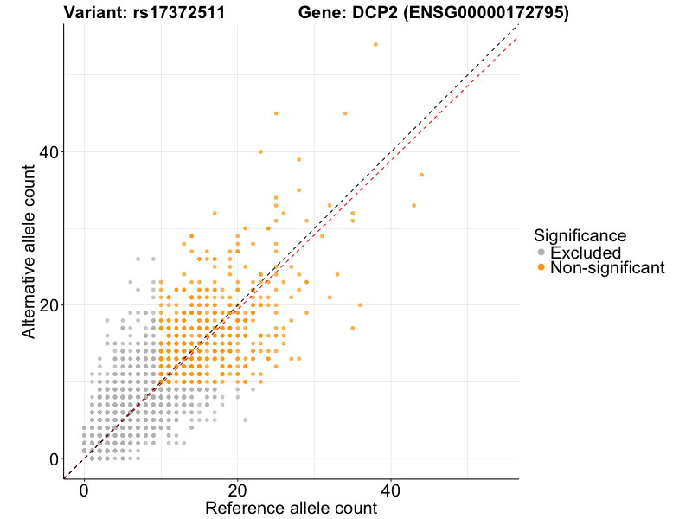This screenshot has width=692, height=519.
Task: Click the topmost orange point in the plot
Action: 375,44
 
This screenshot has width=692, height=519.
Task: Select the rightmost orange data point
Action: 421,175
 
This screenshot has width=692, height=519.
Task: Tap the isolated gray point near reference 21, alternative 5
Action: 245,420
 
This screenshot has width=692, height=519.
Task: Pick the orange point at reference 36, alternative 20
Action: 360,305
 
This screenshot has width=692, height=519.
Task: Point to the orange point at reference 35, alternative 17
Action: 352,328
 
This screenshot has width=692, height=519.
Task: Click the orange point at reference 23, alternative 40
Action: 260,151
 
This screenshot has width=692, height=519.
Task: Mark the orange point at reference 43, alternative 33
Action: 413,205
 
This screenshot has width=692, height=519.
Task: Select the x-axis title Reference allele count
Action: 291,508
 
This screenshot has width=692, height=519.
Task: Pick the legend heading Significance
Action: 580,234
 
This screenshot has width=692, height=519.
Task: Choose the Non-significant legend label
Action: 607,268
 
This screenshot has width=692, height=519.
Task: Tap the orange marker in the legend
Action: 541,268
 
